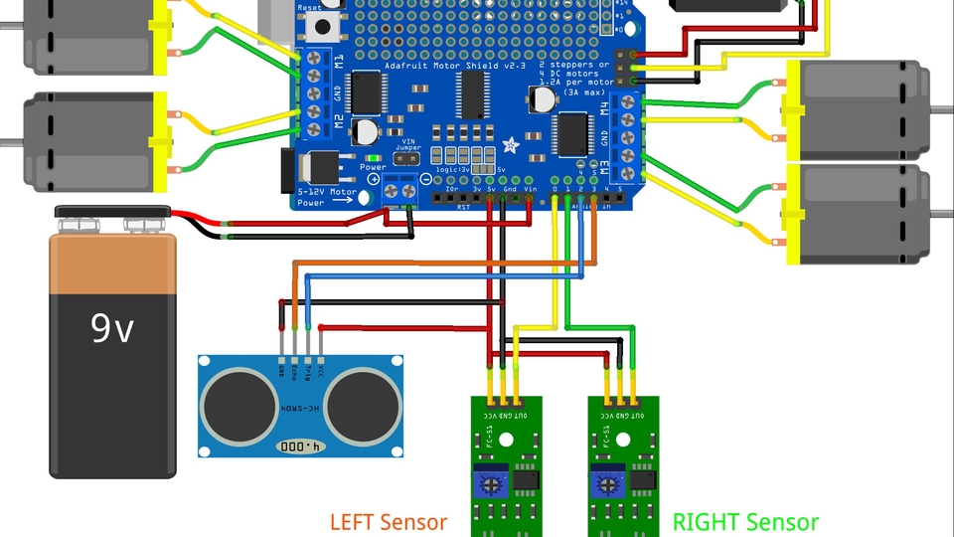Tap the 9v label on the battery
point(112,327)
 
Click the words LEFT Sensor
point(389,521)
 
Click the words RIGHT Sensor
point(745,521)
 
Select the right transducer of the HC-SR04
point(363,404)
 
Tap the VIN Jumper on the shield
point(404,157)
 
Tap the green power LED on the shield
point(372,157)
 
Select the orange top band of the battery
point(112,264)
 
